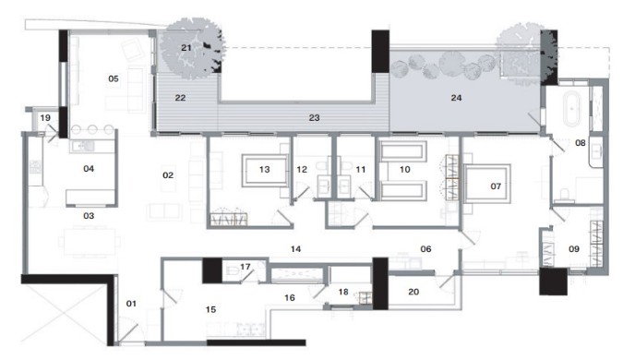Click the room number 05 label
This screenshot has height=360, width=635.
(114, 78)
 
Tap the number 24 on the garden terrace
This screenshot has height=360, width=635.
(456, 98)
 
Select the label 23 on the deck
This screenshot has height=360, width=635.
(314, 117)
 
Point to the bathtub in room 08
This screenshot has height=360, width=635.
(571, 109)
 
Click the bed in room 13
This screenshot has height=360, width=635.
(265, 170)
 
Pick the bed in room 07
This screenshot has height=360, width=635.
(487, 184)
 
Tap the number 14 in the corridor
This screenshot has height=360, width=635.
(295, 248)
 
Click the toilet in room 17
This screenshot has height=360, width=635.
(233, 270)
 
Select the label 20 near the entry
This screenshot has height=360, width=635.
(413, 292)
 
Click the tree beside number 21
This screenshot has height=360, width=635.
(191, 48)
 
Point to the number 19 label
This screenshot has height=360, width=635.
(45, 118)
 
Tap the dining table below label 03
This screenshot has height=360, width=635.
(90, 242)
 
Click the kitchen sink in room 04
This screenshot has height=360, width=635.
(83, 145)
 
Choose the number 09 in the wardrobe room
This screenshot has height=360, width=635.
(574, 248)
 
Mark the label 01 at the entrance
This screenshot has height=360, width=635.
(131, 304)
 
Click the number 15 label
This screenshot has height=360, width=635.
(210, 309)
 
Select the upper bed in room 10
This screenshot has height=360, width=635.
(403, 152)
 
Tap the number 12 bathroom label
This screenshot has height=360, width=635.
(302, 169)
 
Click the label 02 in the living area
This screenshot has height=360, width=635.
(168, 175)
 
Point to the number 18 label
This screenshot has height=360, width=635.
(343, 292)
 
